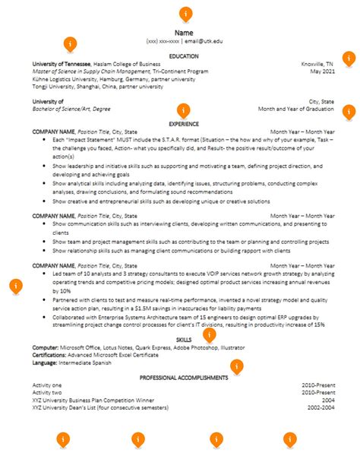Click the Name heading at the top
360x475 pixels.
184,33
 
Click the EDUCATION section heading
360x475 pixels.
184,56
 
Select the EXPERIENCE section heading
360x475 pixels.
184,124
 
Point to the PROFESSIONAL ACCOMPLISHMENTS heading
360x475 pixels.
184,378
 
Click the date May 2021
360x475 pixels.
322,71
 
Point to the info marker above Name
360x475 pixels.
185,14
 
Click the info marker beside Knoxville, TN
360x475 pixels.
349,58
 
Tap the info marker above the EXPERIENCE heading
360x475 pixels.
182,109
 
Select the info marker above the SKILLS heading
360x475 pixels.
210,334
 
